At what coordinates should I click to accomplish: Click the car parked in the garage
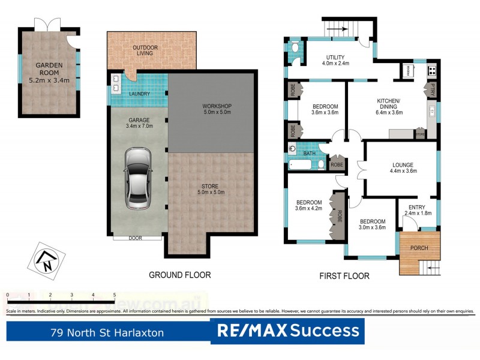[137, 178]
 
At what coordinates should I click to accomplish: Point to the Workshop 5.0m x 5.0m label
[217, 110]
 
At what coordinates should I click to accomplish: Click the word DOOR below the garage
[136, 238]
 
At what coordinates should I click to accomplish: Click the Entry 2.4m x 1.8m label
[416, 209]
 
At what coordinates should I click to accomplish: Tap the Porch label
[419, 248]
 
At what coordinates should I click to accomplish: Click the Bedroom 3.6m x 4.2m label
[309, 206]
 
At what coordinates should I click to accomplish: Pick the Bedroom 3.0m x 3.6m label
[371, 224]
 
